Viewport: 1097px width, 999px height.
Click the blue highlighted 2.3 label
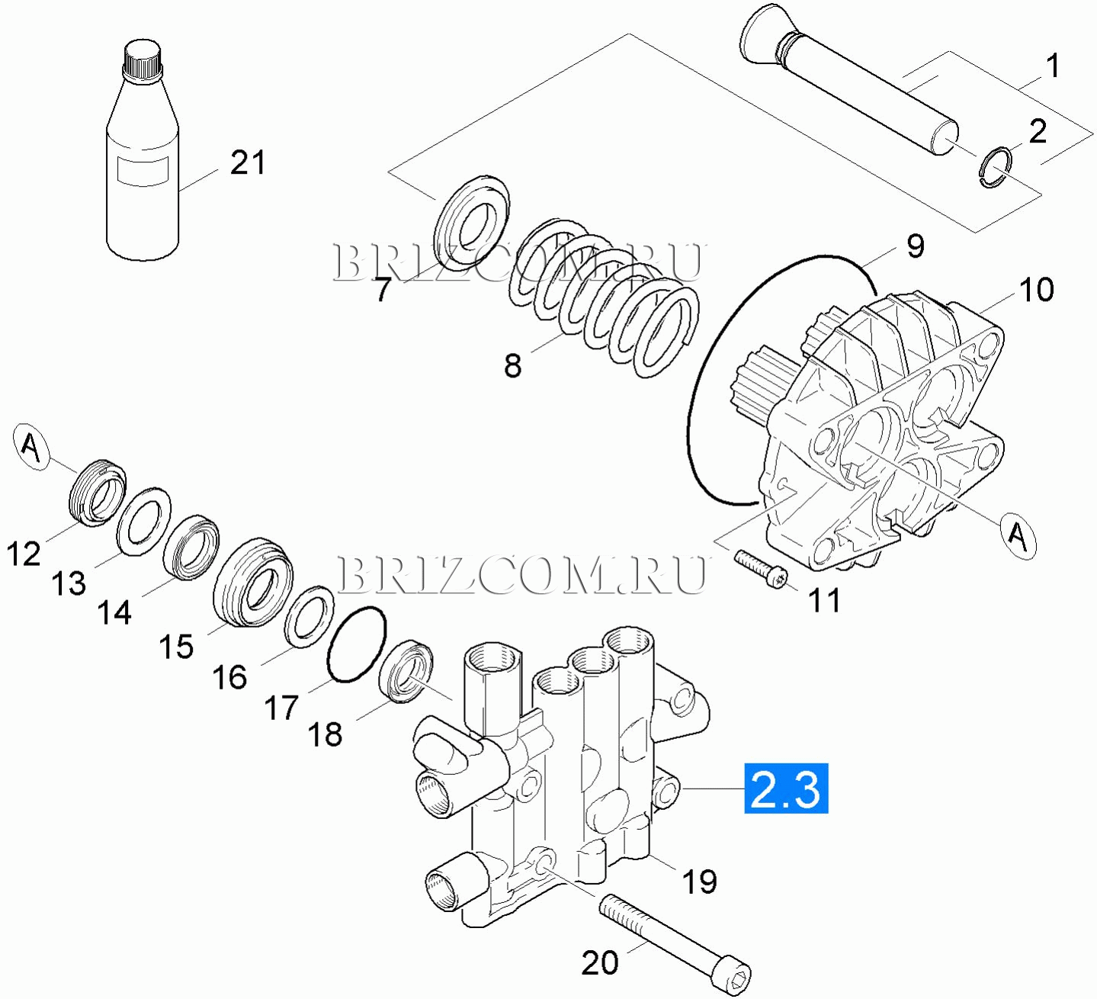[x=786, y=789]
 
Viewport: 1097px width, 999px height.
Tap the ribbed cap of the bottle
[x=143, y=59]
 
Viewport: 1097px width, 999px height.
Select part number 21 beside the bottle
[x=248, y=163]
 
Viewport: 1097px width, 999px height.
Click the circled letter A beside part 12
[x=31, y=446]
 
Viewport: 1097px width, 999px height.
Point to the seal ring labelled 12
[x=98, y=494]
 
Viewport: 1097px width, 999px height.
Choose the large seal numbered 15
[x=254, y=583]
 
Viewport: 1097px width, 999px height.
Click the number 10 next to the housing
[x=1036, y=290]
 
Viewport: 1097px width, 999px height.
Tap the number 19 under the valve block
[x=699, y=882]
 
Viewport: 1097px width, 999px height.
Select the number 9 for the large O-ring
[x=915, y=246]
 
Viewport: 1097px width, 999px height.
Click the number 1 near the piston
[x=1052, y=66]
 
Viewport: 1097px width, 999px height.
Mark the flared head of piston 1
[x=762, y=34]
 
